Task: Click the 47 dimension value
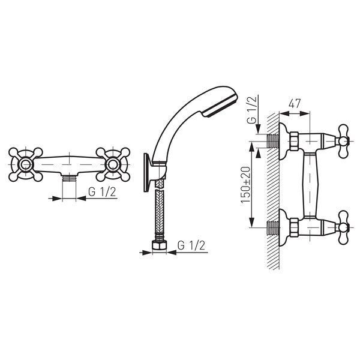coord(295,104)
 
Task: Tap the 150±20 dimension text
coord(245,185)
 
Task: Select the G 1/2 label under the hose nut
coord(191,245)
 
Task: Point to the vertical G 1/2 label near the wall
coord(253,110)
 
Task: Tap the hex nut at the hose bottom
coord(159,245)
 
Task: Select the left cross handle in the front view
coord(25,164)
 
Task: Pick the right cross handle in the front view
coord(113,164)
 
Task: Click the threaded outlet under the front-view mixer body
coord(69,178)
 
